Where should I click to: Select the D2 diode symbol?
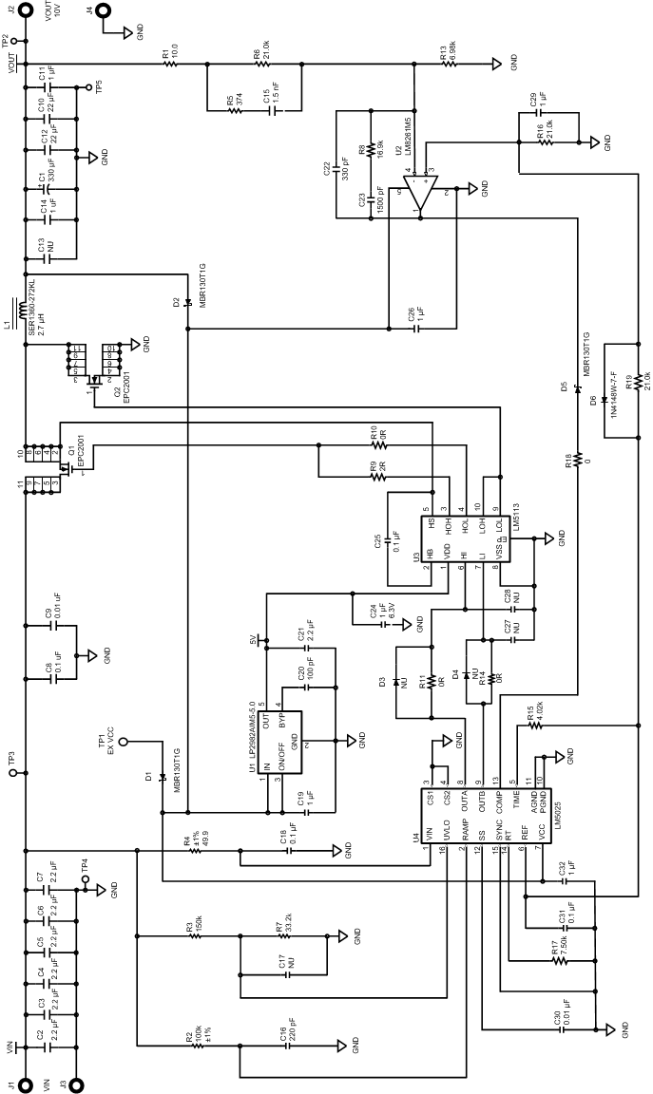tap(188, 303)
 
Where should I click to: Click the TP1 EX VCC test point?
tap(123, 742)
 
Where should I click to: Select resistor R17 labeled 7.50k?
tap(558, 960)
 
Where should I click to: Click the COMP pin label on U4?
tap(498, 794)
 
